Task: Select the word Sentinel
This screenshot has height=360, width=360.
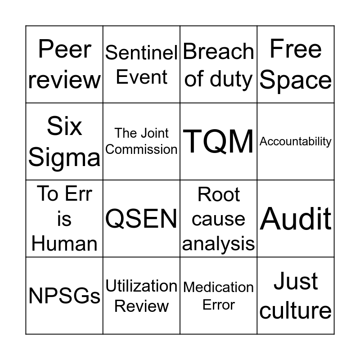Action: click(141, 53)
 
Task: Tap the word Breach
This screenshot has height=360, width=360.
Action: click(218, 52)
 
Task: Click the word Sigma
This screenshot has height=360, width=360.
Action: click(64, 157)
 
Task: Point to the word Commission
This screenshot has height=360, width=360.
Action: click(141, 149)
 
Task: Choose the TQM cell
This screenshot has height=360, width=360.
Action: click(219, 141)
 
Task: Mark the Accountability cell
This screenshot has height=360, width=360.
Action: click(296, 141)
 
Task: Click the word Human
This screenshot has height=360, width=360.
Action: click(64, 243)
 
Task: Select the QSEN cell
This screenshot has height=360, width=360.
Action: click(141, 219)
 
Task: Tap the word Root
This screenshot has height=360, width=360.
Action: click(219, 194)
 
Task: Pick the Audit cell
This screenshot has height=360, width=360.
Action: click(296, 219)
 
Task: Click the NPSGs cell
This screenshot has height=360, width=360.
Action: click(64, 296)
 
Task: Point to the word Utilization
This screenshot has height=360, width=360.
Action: click(141, 286)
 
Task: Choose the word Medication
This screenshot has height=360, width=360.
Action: click(219, 287)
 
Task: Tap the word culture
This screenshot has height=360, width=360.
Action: click(296, 310)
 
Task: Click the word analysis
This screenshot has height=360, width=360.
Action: click(219, 243)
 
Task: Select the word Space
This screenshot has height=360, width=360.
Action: click(296, 80)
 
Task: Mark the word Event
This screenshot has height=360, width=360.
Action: click(141, 77)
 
